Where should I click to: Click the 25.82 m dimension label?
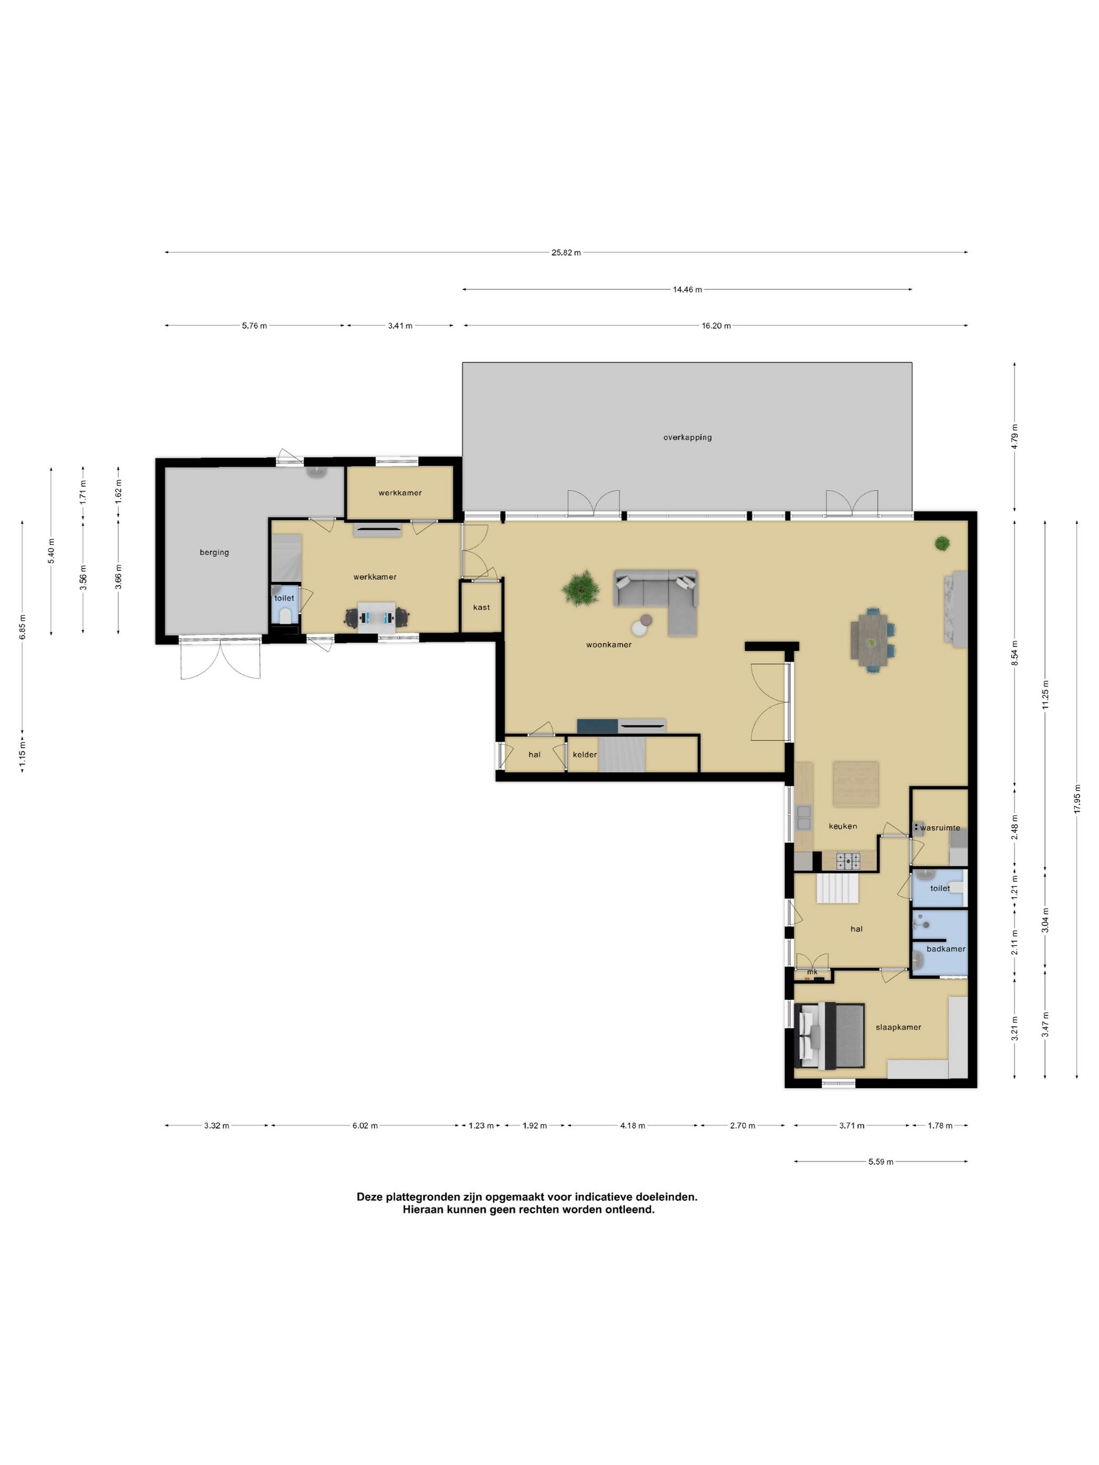coord(566,252)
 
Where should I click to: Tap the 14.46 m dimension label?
coord(687,289)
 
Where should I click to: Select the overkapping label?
coord(687,437)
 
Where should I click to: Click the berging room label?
coord(214,553)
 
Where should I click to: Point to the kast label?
coord(481,607)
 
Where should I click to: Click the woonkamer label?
coord(609,645)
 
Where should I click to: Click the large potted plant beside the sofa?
coord(581,586)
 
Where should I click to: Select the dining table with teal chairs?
coord(872,639)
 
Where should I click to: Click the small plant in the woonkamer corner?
coord(942,544)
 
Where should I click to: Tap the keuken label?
coord(843,826)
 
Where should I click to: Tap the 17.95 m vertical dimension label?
coord(1076,799)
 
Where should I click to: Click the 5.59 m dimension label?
coord(880,1162)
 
